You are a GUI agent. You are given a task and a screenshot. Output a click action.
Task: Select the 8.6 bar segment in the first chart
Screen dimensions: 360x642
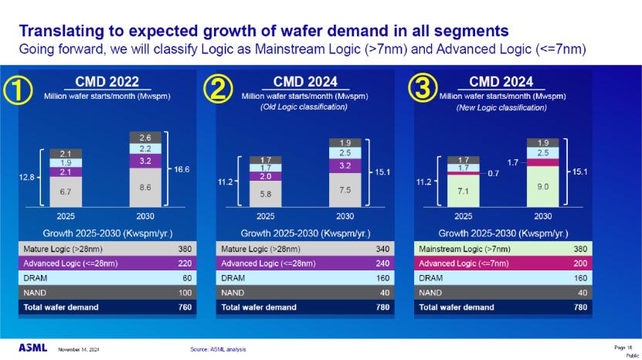[x=145, y=188]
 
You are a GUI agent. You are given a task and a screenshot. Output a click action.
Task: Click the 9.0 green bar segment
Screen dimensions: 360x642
[x=543, y=186]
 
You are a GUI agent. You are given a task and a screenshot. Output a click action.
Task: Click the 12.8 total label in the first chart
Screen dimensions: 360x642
[x=25, y=177]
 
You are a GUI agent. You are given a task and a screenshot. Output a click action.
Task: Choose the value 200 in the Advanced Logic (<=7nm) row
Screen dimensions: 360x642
[x=580, y=263]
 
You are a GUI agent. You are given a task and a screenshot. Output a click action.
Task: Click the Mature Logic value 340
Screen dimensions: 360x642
[x=383, y=250]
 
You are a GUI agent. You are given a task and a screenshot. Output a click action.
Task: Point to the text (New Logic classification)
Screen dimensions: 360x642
[x=502, y=107]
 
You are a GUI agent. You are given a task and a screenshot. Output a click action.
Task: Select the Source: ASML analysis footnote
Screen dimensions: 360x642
[x=218, y=350]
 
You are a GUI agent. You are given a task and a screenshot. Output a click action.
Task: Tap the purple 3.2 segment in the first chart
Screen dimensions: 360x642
[x=145, y=161]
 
